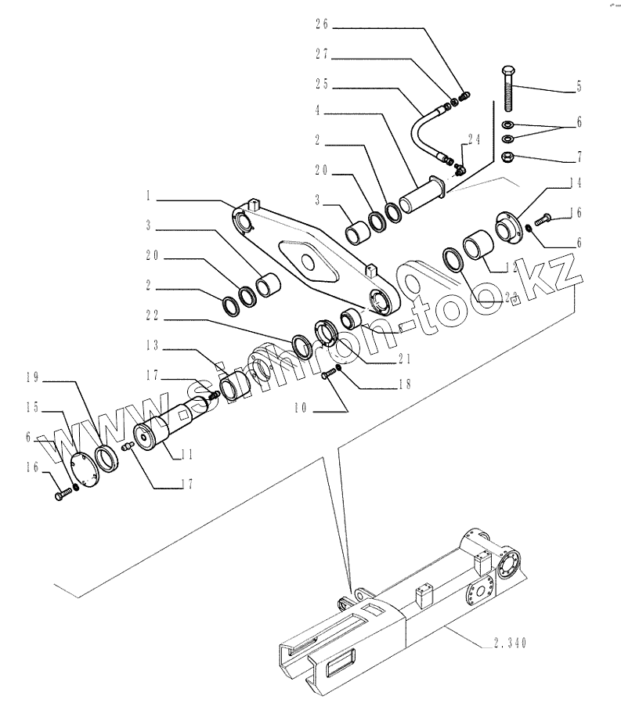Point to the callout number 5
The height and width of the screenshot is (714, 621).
[x=579, y=87]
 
